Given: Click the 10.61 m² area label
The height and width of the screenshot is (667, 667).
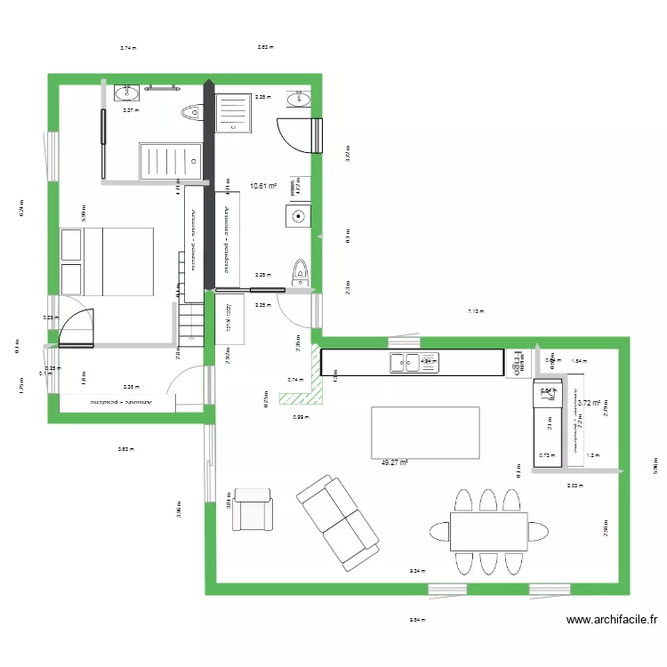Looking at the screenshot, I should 263,187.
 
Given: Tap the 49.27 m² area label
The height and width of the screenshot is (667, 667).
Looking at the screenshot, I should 394,462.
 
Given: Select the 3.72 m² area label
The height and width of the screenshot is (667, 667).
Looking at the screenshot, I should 589,403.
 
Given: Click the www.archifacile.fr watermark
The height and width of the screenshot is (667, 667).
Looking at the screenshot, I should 611,621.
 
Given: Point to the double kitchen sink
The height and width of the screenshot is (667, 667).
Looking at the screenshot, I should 406,362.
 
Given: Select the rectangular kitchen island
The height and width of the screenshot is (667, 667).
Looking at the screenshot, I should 425,433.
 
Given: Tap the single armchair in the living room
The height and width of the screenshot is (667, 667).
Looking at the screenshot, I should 253,510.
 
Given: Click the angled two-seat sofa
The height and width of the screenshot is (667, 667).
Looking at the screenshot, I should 338,522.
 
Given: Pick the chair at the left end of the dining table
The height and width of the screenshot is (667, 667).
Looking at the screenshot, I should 438,531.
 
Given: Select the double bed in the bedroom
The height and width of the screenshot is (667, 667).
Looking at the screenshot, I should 107,261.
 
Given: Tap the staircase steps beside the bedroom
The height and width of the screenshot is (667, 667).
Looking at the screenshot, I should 190,320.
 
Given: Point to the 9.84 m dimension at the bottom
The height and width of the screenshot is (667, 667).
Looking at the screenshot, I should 415,621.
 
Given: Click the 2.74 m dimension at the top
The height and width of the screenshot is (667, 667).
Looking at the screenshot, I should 128,48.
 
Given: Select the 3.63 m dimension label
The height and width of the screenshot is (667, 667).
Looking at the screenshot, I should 125,449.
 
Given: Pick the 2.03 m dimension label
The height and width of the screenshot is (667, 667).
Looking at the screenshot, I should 574,486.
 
